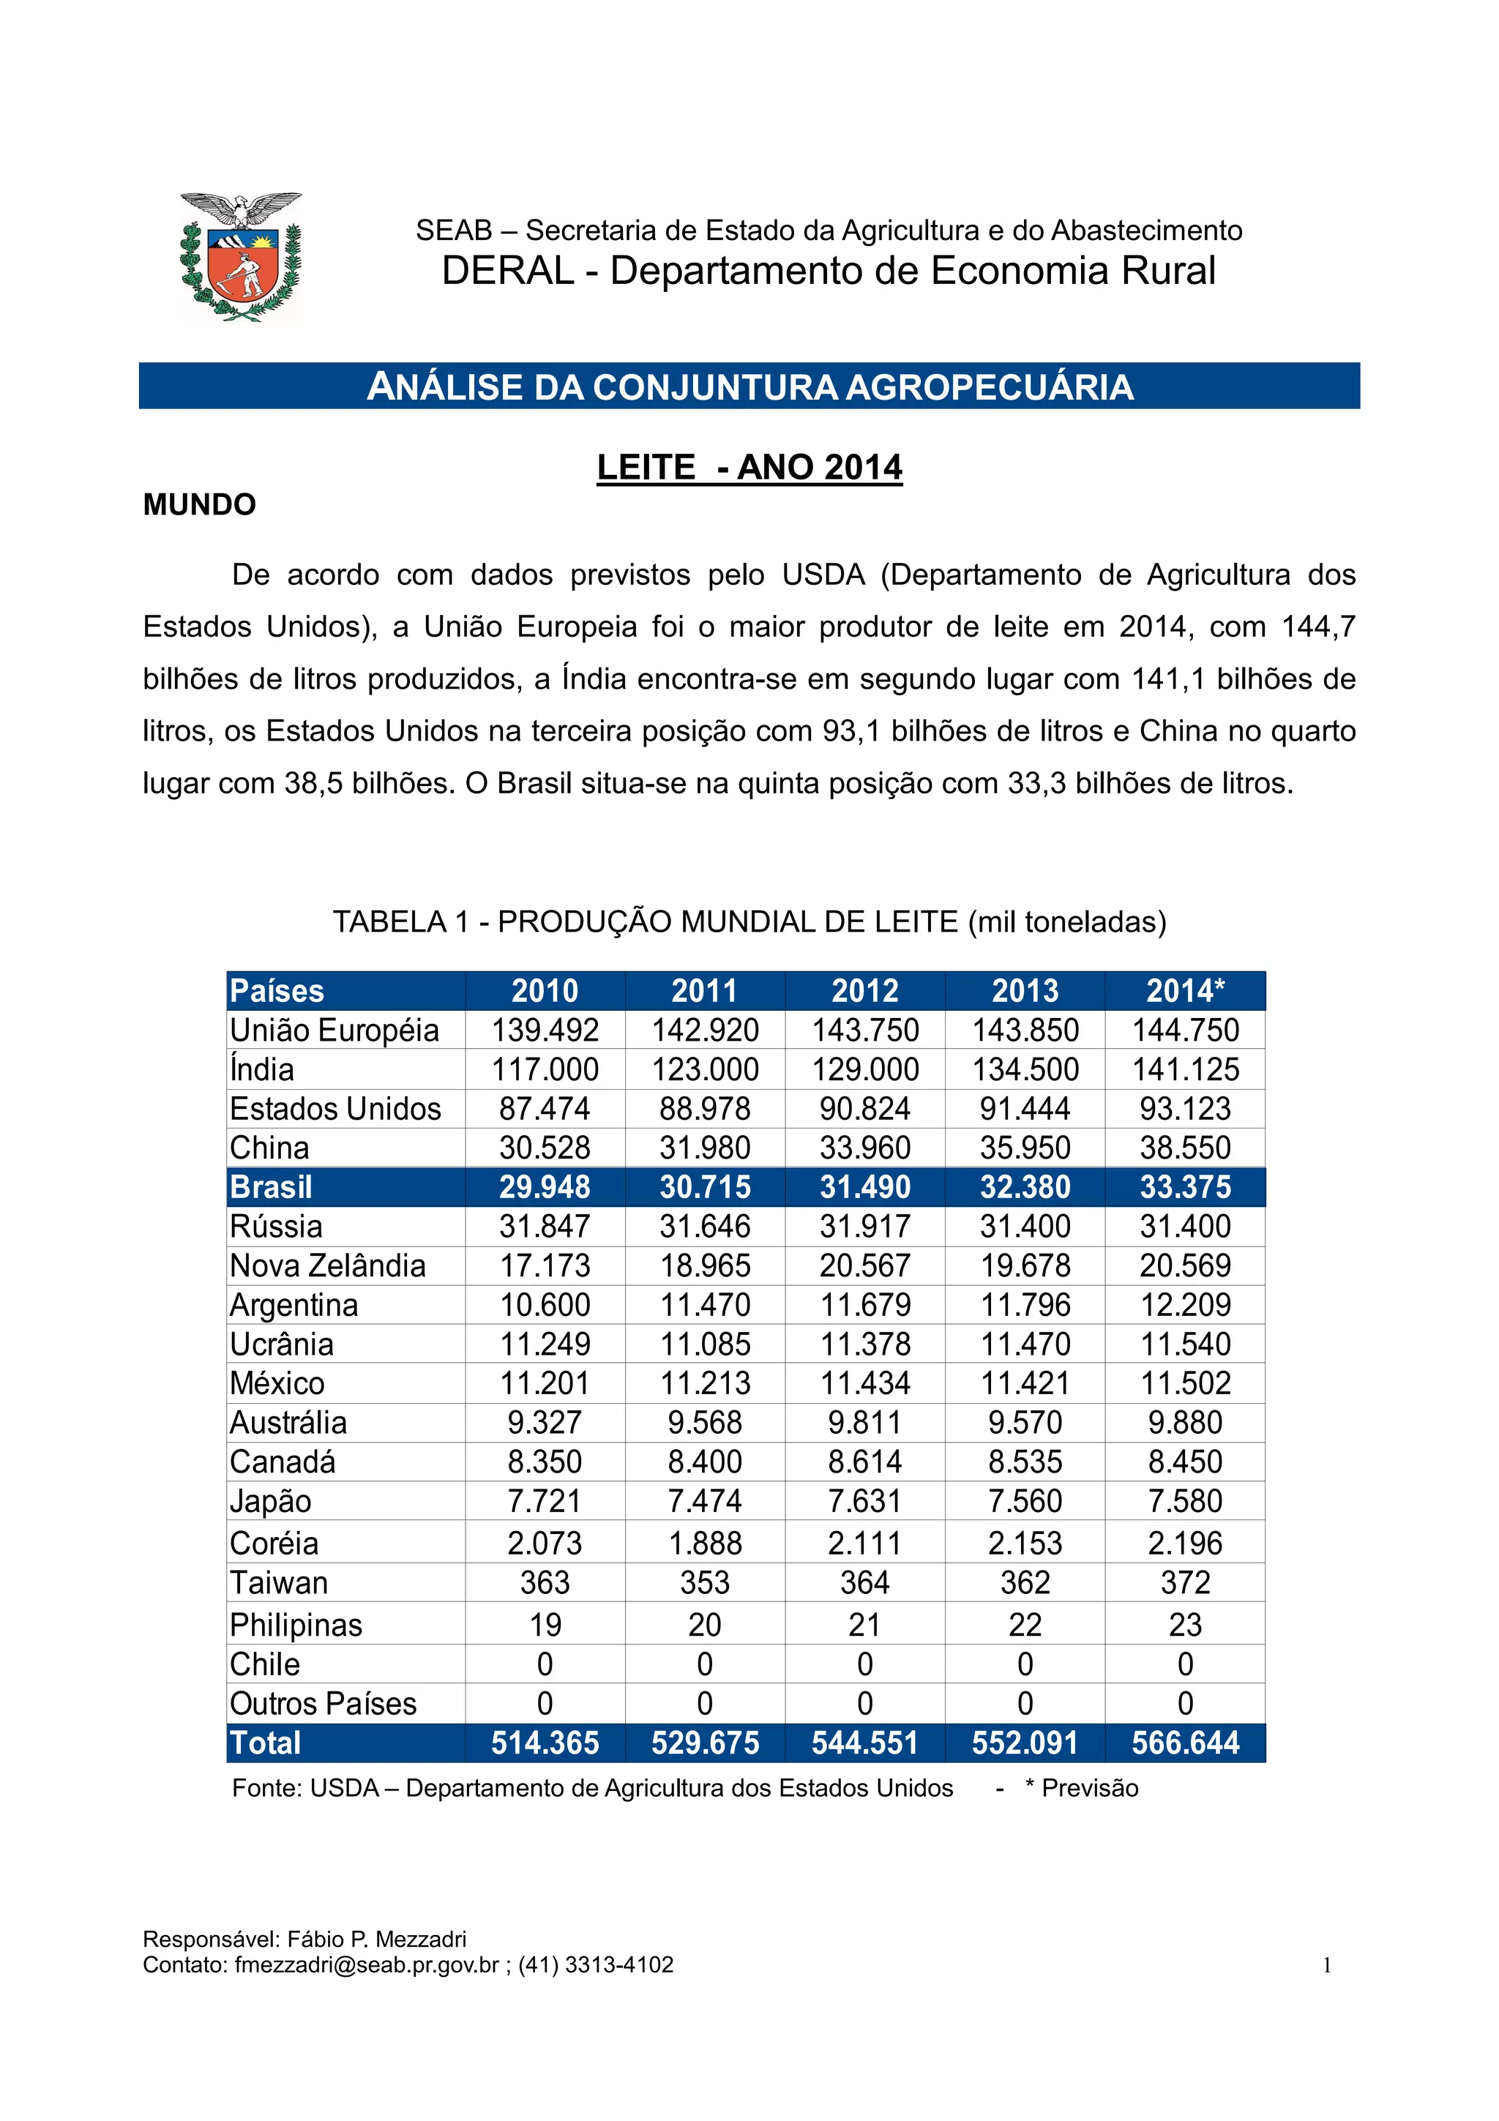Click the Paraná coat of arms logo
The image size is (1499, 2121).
point(240,257)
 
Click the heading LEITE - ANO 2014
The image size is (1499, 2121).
point(749,468)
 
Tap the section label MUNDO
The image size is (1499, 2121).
point(200,505)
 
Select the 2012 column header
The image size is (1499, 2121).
point(864,991)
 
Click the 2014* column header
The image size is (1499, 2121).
point(1185,991)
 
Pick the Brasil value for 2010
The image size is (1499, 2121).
point(545,1187)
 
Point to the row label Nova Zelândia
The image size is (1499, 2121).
point(328,1265)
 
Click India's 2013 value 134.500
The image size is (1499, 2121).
point(1025,1070)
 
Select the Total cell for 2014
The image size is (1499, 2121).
point(1185,1743)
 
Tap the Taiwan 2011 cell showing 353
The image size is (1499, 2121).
point(705,1582)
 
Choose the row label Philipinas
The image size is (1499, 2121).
point(296,1625)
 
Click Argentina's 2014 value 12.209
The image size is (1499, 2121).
point(1185,1305)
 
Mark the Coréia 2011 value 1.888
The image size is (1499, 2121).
point(705,1544)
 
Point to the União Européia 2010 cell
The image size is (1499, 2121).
point(545,1030)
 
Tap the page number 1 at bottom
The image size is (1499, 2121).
point(1327,1965)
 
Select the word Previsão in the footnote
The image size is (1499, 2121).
point(1090,1789)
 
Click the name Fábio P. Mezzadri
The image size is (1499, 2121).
point(377,1939)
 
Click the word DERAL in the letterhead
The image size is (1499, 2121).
point(507,271)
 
